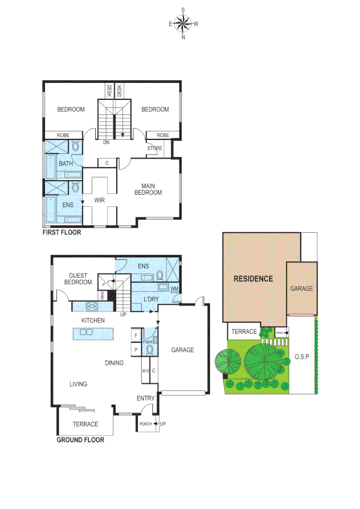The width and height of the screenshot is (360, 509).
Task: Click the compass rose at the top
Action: (183, 24)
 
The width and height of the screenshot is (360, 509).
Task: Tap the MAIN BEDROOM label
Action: (148, 189)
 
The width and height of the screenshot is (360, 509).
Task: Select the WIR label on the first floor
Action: (99, 200)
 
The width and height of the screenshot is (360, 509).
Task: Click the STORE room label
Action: (155, 148)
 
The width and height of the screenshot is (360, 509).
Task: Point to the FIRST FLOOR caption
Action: (62, 232)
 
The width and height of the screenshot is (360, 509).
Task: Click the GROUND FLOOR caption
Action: (80, 440)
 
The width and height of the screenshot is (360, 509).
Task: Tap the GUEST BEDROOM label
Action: (80, 279)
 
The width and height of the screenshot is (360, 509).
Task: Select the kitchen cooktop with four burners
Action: (91, 306)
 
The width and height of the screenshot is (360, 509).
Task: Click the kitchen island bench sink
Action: (86, 332)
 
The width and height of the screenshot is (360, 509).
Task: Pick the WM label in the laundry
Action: (174, 289)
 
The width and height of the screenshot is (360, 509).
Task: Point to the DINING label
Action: (114, 363)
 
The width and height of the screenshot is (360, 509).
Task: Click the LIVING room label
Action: (78, 384)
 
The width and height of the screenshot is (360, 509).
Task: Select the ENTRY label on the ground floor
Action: (146, 399)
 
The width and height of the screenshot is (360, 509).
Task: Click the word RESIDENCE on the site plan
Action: (254, 279)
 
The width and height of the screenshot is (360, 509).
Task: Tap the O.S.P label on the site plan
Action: (302, 357)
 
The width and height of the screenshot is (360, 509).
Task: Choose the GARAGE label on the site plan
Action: (301, 288)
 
